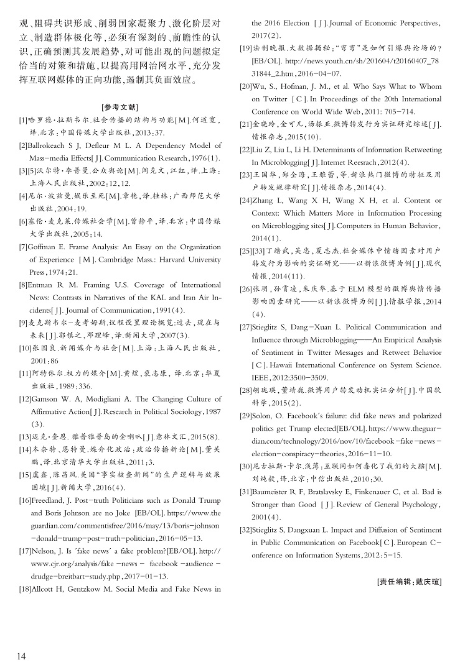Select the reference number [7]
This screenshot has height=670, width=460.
click(x=24, y=247)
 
